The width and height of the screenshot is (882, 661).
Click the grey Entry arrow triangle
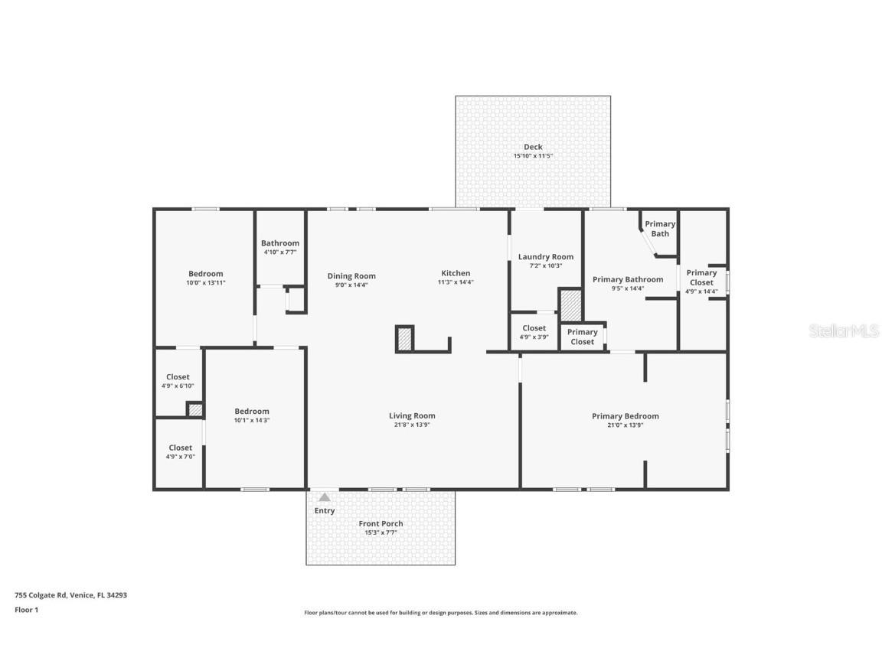pos(325,497)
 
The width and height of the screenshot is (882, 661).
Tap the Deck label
pos(533,147)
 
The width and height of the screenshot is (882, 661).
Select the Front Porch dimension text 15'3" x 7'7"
pos(381,532)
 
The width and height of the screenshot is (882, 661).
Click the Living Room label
pos(412,416)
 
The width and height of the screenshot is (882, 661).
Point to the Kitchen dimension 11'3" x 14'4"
pos(456,282)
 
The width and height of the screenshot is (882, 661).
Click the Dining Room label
pos(351,276)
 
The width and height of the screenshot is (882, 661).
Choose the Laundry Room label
pos(545,257)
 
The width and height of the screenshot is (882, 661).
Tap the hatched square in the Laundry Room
pos(571,305)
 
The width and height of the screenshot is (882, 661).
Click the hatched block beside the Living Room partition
pos(405,338)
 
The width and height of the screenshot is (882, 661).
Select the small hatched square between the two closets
pos(195,410)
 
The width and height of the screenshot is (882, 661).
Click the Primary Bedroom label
pos(625,416)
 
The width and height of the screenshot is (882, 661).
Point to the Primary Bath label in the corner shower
pos(660,229)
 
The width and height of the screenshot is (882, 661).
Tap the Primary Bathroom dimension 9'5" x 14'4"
pos(628,288)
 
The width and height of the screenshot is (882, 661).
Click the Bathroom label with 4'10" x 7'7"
pos(280,243)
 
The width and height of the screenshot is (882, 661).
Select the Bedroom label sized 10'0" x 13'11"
pos(206,274)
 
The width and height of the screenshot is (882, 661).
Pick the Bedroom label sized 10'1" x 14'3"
pos(252,411)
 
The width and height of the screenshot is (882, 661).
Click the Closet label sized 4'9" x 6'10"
pos(178,377)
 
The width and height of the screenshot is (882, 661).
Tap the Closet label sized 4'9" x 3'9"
pos(534,328)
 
